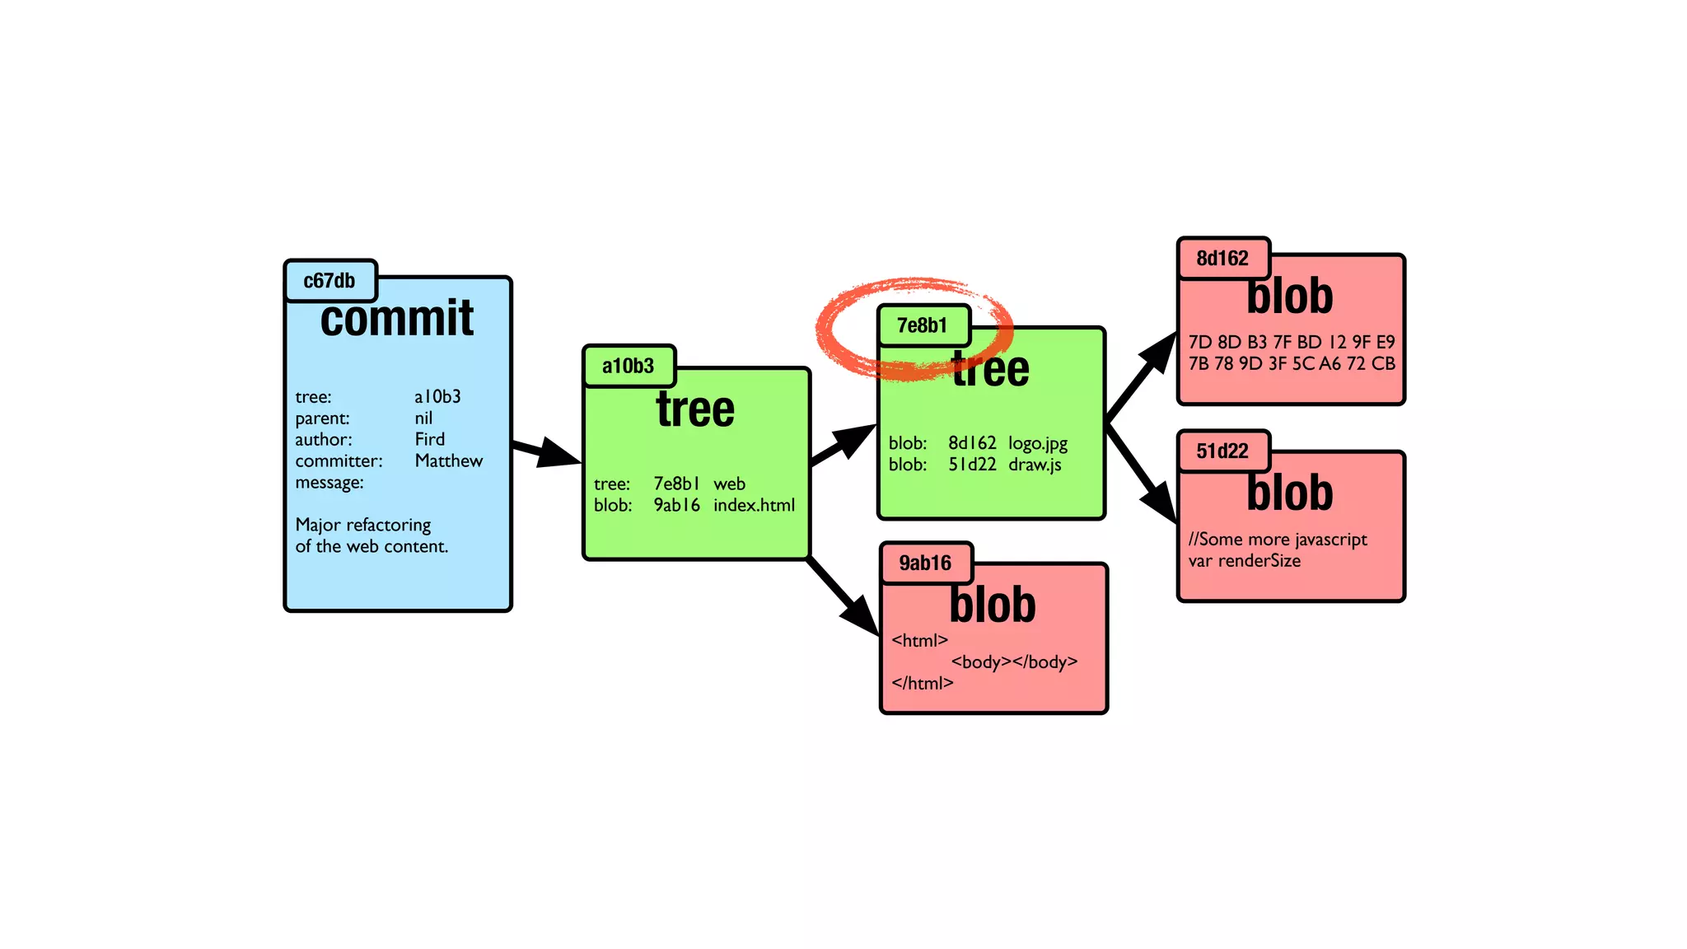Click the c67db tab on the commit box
point(329,281)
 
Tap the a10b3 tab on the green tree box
point(629,366)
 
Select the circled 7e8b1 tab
point(923,325)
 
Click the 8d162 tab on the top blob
point(1222,259)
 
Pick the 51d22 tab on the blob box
point(1222,451)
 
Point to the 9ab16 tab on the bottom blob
point(925,563)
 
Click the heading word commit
point(397,319)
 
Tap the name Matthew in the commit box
point(449,460)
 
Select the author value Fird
point(429,439)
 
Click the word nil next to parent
point(423,418)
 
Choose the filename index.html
point(754,505)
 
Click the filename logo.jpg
point(1038,443)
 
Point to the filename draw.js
point(1035,465)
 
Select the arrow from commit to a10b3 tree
point(547,451)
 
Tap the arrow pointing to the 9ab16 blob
point(843,596)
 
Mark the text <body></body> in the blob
point(1014,662)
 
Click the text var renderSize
point(1244,561)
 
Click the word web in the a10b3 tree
point(729,484)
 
